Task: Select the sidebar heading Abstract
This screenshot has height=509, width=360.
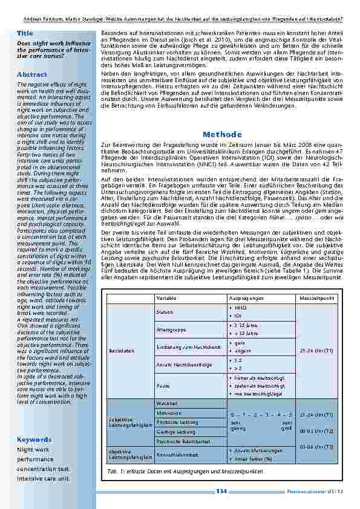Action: pyautogui.click(x=32, y=74)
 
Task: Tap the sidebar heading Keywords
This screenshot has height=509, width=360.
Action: pyautogui.click(x=34, y=439)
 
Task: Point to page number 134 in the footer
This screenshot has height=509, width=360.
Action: pyautogui.click(x=221, y=491)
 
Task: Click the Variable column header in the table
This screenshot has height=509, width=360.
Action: pyautogui.click(x=166, y=299)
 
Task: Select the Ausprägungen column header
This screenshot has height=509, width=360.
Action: pyautogui.click(x=246, y=299)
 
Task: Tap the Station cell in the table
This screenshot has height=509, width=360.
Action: pyautogui.click(x=165, y=312)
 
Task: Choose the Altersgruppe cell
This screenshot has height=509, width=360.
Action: pyautogui.click(x=170, y=329)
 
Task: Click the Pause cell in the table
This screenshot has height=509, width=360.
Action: pyautogui.click(x=163, y=384)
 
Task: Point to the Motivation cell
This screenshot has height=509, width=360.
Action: pyautogui.click(x=168, y=412)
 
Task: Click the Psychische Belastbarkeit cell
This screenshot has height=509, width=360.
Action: pyautogui.click(x=180, y=441)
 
